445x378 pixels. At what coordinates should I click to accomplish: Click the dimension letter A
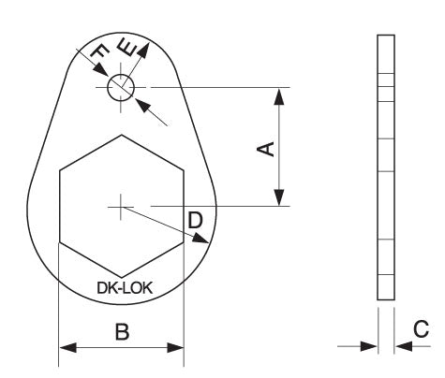coord(265,148)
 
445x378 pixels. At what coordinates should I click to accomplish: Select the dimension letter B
coord(121,330)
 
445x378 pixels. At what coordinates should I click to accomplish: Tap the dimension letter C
coord(421,328)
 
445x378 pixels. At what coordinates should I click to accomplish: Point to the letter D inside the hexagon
coord(194,220)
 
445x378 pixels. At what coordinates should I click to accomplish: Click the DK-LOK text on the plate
coord(121,289)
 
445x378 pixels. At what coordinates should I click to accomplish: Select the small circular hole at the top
coord(121,88)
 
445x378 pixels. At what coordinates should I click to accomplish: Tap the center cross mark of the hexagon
coord(121,205)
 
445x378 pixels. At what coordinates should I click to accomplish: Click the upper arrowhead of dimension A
coord(278,94)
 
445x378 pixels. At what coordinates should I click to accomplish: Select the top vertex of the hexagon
coord(121,135)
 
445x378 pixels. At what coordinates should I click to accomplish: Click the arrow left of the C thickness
coord(370,346)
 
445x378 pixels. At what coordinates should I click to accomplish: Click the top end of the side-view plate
coord(385,38)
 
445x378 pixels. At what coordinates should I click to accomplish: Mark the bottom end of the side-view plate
coord(385,299)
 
